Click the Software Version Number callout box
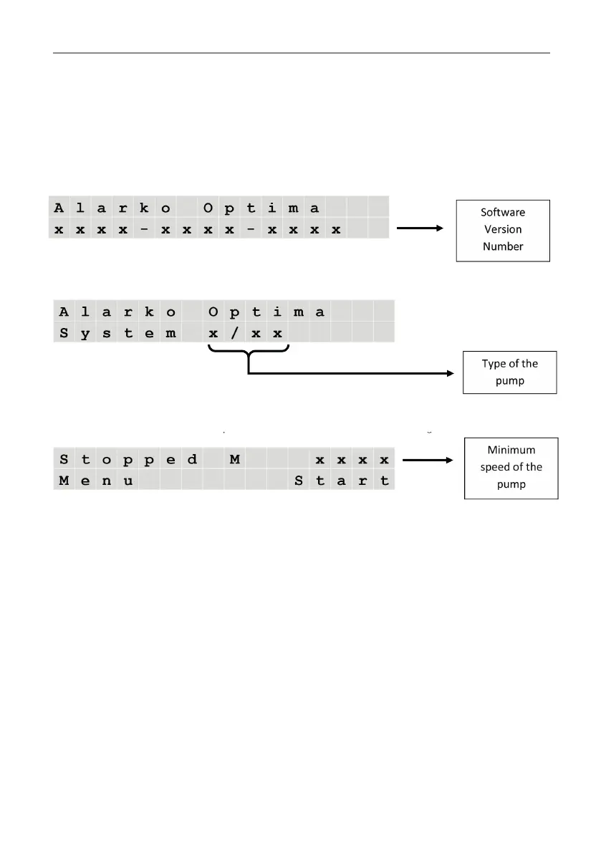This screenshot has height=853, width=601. [503, 230]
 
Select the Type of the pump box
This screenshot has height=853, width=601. [509, 372]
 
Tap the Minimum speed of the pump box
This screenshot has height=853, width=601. [511, 467]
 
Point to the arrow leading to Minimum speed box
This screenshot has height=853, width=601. [428, 460]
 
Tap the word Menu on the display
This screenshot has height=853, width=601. [96, 481]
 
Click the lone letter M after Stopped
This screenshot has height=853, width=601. [234, 459]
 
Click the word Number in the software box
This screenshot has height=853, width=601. [503, 247]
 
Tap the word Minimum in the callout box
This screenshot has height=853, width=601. [511, 450]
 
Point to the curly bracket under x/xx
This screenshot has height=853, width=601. [248, 352]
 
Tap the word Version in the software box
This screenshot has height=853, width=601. [503, 230]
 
